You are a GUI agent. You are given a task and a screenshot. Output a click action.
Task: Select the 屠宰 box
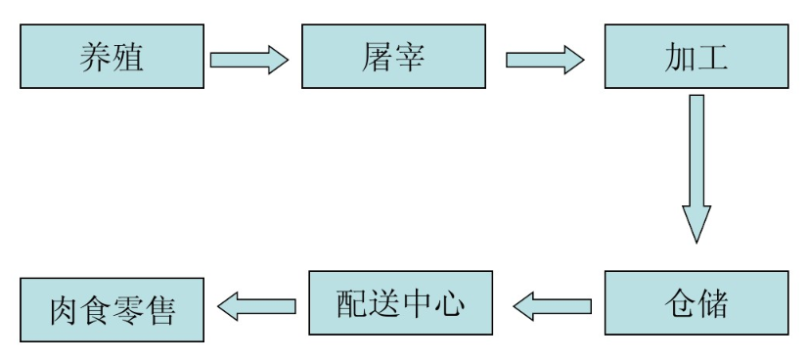tap(392, 56)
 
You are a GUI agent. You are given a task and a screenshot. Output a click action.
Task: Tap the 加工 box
tap(696, 56)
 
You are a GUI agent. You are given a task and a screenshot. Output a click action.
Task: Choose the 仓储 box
tap(696, 304)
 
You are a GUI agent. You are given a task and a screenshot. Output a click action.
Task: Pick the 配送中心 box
tap(400, 304)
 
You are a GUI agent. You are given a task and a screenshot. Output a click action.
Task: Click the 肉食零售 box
tap(112, 309)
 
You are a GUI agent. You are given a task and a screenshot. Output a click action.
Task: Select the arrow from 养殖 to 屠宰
tap(248, 59)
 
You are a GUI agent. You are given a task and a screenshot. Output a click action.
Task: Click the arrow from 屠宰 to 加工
tap(545, 59)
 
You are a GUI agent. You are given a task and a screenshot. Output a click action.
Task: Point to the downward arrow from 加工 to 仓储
tap(696, 166)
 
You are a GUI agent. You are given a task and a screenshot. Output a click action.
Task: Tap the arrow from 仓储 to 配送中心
tap(552, 307)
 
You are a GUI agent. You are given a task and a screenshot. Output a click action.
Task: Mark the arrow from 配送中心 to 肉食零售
tap(256, 307)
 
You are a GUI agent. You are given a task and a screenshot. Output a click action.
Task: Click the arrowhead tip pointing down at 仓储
tap(696, 241)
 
